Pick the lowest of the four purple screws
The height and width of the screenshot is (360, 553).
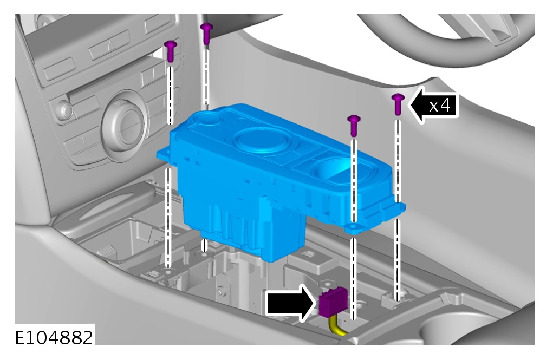[x=354, y=125]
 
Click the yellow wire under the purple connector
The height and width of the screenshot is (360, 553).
[x=337, y=327]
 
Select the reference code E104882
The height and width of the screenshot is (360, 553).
[x=54, y=337]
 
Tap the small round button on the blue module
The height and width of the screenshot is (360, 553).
[x=207, y=119]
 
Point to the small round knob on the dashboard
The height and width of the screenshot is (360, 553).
[x=66, y=110]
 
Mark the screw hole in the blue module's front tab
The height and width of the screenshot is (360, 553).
[x=353, y=225]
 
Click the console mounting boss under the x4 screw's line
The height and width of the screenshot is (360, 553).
[x=397, y=297]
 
